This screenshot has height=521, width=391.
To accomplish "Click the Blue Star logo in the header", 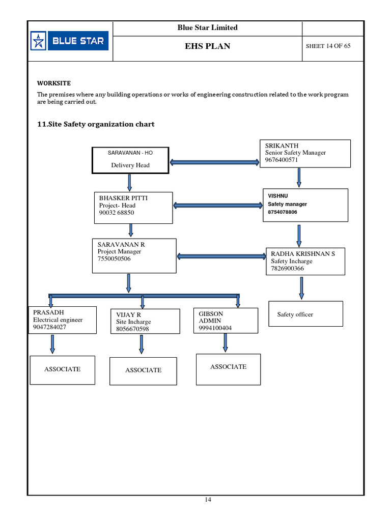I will [x=69, y=41].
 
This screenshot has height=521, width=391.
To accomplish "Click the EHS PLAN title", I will [x=207, y=46].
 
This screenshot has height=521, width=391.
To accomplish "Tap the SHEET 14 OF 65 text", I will [x=328, y=46].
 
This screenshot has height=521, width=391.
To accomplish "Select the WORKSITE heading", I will [x=53, y=83].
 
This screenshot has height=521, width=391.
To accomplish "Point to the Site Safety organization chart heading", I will [x=96, y=124].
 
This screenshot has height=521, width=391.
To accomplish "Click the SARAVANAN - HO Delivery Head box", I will [x=130, y=160].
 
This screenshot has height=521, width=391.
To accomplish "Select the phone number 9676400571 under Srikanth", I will [x=282, y=160].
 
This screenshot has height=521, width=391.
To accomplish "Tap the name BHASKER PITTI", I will [x=123, y=198].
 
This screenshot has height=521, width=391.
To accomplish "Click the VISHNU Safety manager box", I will [x=305, y=205].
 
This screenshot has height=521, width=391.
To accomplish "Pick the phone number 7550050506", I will [x=114, y=259].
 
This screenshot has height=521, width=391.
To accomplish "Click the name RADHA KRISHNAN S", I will [x=303, y=253].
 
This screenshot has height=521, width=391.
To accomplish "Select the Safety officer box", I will [x=305, y=314].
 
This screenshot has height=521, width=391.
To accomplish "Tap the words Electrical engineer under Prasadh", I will [x=58, y=320].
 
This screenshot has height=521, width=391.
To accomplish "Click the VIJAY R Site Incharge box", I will [x=145, y=322].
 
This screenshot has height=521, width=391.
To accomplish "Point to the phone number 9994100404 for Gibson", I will [x=215, y=328].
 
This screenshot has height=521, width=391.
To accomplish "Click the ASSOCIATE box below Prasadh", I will [x=62, y=370].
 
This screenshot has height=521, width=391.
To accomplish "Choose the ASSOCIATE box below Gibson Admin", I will [x=228, y=369].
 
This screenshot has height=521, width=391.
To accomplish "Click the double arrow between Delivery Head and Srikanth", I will [x=214, y=162].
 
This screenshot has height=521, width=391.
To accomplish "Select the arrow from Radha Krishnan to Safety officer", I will [x=301, y=288].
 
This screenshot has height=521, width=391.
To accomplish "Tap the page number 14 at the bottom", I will [x=208, y=500].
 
